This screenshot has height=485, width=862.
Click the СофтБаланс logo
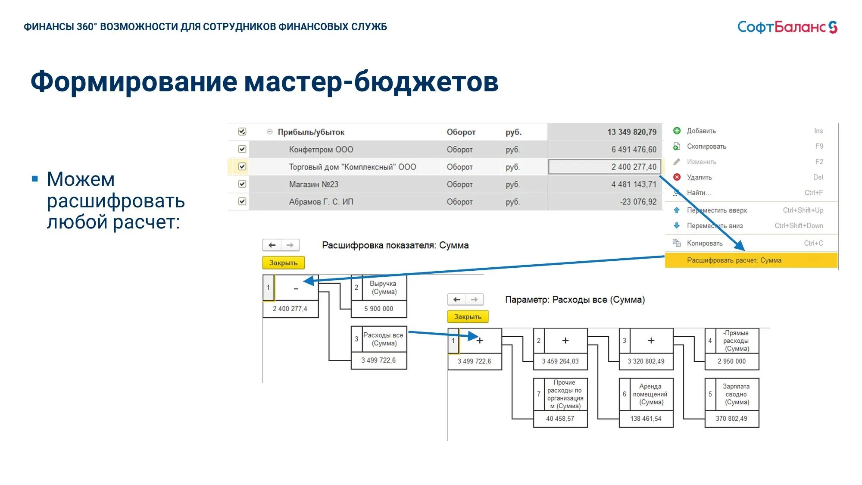pos(787,27)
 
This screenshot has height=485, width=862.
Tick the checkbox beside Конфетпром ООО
pos(242,149)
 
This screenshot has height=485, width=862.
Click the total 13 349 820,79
pos(631,132)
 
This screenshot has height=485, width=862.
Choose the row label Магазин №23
pos(313,185)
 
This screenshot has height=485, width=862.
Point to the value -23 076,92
pos(638,202)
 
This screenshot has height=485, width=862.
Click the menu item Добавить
pos(701,131)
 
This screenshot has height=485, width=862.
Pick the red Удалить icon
pos(677,177)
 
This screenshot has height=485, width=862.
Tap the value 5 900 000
pos(378,309)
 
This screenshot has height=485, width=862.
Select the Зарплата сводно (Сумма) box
pos(736,394)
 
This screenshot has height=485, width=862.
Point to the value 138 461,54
pos(646,419)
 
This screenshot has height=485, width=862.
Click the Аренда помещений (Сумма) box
pos(650,394)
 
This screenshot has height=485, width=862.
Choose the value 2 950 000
pos(731,361)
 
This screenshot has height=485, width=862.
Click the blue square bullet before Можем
pos(35,179)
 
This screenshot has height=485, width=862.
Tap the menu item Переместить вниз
pos(715,226)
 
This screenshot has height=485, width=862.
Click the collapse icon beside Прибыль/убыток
pos(270,132)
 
